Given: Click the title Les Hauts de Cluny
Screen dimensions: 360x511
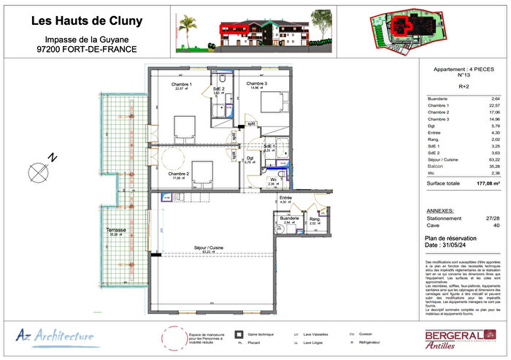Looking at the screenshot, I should tap(87, 21).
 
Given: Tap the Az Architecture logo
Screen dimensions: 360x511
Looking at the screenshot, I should tap(55, 336).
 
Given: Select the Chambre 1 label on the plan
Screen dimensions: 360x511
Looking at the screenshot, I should tap(182, 85).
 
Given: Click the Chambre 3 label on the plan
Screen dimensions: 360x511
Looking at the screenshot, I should tap(256, 85).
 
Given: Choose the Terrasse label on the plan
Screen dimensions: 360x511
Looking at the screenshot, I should tap(116, 230).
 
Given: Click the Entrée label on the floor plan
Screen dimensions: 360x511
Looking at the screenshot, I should tap(286, 197).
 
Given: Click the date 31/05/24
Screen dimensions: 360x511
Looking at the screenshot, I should tap(452, 245).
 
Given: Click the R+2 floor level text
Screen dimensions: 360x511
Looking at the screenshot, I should tap(464, 86).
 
